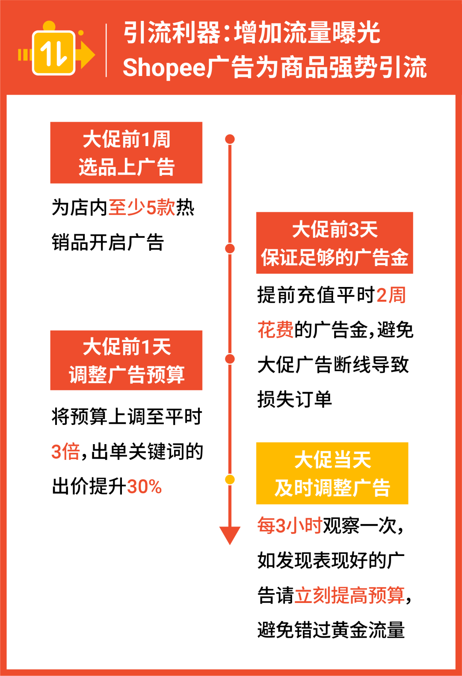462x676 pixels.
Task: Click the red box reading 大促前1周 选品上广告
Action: coord(126,153)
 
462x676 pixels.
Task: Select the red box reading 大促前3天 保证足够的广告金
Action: coord(335,243)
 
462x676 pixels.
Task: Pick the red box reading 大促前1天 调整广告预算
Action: coord(126,360)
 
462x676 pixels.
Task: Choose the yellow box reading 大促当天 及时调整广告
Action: coord(332,474)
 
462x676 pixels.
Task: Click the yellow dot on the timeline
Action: coord(230,480)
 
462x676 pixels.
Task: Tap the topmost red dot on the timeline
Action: coord(230,139)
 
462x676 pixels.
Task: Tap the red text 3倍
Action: coord(65,452)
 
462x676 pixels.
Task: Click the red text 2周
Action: coord(391,295)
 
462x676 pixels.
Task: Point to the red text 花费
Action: coord(275,330)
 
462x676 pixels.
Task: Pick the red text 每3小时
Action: coord(290,526)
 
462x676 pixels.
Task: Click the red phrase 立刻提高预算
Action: coord(349,595)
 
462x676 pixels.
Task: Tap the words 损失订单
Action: coord(294,400)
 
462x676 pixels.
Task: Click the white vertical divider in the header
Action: coord(106,50)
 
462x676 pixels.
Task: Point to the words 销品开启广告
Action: coord(108,243)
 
